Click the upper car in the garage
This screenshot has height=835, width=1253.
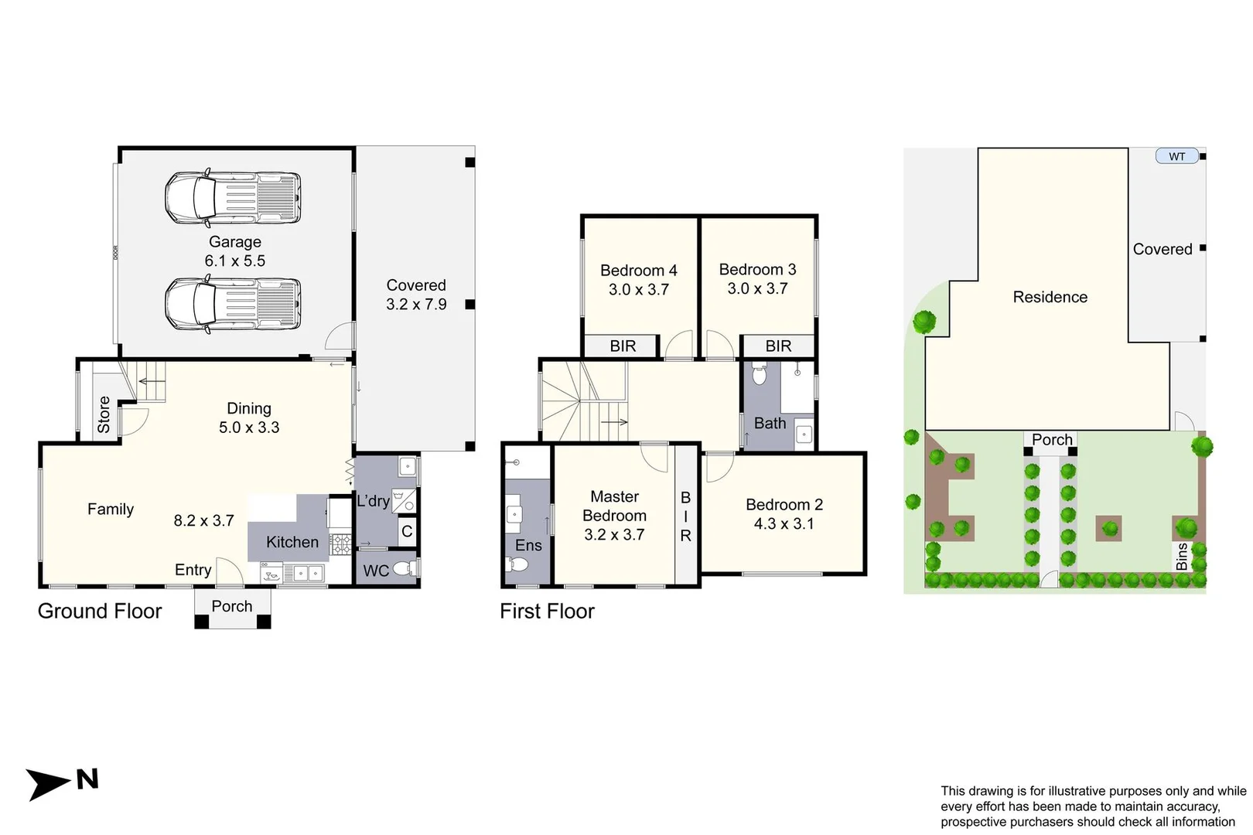[232, 199]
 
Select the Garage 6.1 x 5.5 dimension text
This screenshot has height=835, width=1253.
[234, 261]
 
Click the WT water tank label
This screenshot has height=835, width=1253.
[1176, 156]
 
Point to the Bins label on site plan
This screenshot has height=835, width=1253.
[1181, 557]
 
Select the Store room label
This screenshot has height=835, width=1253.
[104, 414]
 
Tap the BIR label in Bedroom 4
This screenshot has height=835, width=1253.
[623, 346]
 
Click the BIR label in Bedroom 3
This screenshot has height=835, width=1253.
[778, 346]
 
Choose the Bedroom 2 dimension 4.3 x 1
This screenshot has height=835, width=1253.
[784, 524]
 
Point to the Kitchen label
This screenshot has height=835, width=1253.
[292, 543]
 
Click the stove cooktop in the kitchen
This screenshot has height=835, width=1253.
[340, 544]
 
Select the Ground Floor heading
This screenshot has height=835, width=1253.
[100, 612]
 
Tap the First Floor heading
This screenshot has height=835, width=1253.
[547, 612]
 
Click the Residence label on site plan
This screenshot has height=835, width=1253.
[1050, 297]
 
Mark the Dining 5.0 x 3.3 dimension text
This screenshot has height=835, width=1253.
[249, 428]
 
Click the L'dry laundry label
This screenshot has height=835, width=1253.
[373, 501]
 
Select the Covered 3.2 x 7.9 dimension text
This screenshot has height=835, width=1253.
[416, 305]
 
